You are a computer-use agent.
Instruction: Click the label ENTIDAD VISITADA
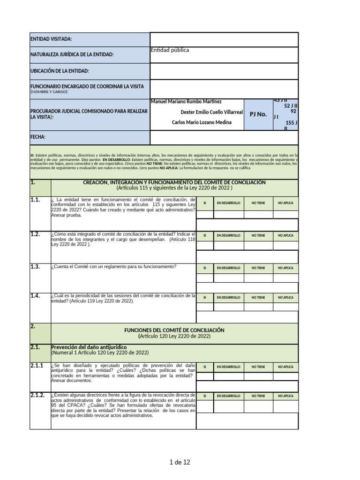pyautogui.click(x=51, y=39)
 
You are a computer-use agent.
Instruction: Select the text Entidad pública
pyautogui.click(x=170, y=50)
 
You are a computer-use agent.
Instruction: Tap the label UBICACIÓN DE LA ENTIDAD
pyautogui.click(x=60, y=71)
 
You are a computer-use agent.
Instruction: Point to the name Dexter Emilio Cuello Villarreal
pyautogui.click(x=211, y=112)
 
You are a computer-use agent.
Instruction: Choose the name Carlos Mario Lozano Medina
pyautogui.click(x=202, y=122)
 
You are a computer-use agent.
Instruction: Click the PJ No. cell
pyautogui.click(x=258, y=114)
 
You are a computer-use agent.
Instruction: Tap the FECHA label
pyautogui.click(x=38, y=137)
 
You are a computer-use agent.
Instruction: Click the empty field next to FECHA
pyautogui.click(x=224, y=137)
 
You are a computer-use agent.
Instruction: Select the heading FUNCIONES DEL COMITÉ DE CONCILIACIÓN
pyautogui.click(x=174, y=330)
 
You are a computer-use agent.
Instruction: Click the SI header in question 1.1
pyautogui.click(x=205, y=203)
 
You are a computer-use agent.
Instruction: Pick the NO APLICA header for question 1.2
pyautogui.click(x=285, y=235)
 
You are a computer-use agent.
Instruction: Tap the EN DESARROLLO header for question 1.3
pyautogui.click(x=228, y=268)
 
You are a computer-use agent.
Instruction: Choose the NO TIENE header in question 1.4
pyautogui.click(x=258, y=297)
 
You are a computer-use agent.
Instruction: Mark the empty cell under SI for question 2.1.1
pyautogui.click(x=205, y=376)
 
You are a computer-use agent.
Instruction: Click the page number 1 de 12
pyautogui.click(x=180, y=463)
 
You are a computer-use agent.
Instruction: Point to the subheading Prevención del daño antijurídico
pyautogui.click(x=89, y=347)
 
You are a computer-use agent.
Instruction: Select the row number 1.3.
pyautogui.click(x=36, y=267)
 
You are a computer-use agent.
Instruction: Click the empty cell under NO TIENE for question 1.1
pyautogui.click(x=258, y=214)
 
